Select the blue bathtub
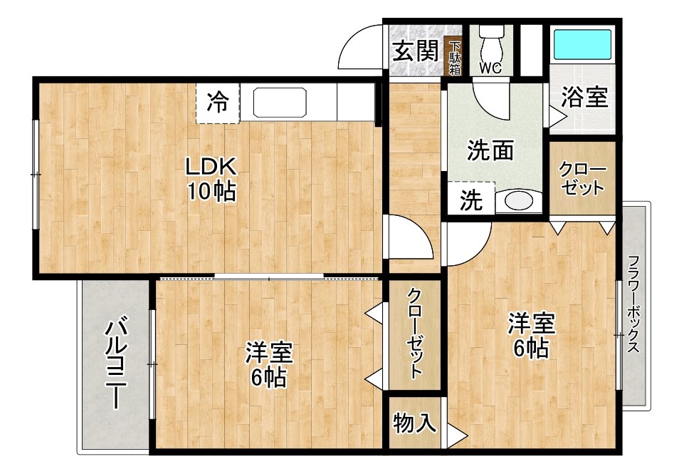tap(582, 45)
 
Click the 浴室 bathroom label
tap(584, 97)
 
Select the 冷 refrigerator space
tap(218, 103)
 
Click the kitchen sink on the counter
tap(279, 103)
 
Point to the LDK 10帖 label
tap(211, 179)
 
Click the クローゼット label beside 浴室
tap(582, 179)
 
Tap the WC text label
tap(490, 69)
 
